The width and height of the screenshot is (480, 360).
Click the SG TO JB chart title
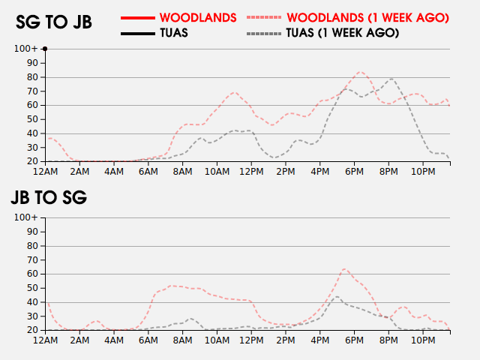coord(54,22)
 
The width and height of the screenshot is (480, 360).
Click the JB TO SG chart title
coord(49,197)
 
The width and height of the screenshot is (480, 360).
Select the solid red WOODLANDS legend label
coord(198,18)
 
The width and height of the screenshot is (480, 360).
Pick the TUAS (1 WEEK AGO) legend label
coord(343,33)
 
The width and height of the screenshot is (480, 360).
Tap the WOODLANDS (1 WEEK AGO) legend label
coord(368,18)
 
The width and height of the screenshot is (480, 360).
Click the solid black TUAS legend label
coord(174,33)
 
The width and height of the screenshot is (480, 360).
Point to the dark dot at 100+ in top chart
coord(45,49)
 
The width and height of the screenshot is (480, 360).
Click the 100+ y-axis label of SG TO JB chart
coord(26,49)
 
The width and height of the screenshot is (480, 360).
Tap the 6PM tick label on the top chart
coord(354,172)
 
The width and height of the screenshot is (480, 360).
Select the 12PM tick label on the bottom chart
coord(251,340)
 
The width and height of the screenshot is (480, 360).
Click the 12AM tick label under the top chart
coord(45,172)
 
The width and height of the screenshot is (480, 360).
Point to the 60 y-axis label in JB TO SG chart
coord(32,274)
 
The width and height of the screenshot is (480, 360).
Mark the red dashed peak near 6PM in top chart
coord(361,72)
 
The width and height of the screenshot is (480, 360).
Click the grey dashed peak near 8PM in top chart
coord(391,79)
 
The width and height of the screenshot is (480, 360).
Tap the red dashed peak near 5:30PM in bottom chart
coord(345,269)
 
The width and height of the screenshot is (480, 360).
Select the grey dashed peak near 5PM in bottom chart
coord(337,296)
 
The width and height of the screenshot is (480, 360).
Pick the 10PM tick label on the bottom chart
coord(423,340)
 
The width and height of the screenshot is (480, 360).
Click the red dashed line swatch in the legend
coord(263,18)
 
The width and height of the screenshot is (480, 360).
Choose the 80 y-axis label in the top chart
coord(32,77)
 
